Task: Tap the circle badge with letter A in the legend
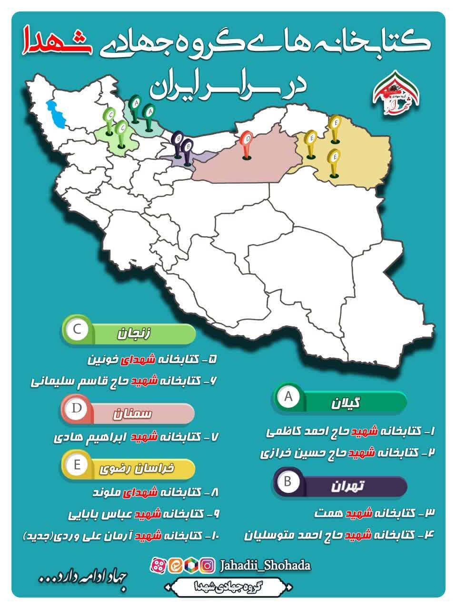288,396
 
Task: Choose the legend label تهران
352,486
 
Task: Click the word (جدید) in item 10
39,536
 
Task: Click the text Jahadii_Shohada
265,565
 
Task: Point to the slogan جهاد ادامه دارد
83,581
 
